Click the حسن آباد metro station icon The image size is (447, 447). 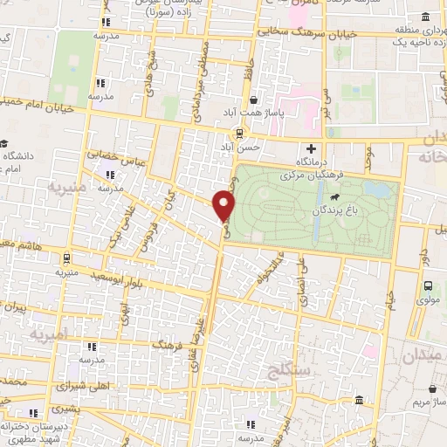coord(237,134)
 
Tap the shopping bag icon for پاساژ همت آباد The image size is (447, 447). coord(251,100)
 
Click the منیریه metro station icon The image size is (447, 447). coord(66,258)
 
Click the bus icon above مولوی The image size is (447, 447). coord(428,285)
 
